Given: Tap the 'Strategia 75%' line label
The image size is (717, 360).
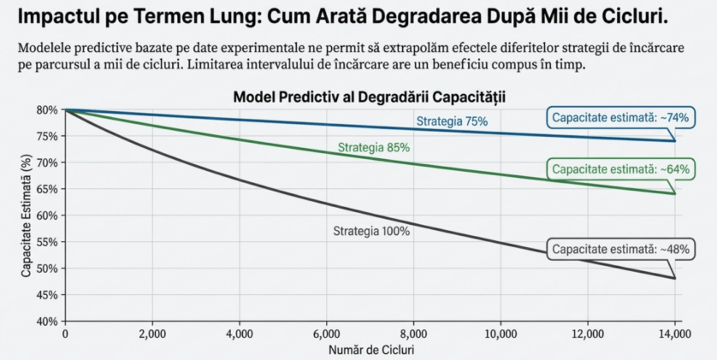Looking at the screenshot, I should click(452, 121).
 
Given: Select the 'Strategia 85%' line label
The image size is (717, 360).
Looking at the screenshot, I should click(374, 147).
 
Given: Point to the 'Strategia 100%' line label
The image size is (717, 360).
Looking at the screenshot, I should click(371, 231).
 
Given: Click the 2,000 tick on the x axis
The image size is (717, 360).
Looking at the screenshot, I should click(151, 334).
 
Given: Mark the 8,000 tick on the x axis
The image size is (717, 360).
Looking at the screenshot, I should click(413, 334).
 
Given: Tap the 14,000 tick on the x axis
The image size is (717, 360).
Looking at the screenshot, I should click(674, 334).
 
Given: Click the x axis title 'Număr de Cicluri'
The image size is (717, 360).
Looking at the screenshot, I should click(370, 350).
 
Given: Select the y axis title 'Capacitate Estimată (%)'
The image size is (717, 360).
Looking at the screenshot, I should click(27, 215).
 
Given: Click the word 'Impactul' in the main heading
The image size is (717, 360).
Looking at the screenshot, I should click(58, 17).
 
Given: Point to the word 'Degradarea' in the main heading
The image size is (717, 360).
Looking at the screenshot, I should click(394, 17).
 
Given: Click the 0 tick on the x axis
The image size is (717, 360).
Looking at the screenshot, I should click(65, 334).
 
